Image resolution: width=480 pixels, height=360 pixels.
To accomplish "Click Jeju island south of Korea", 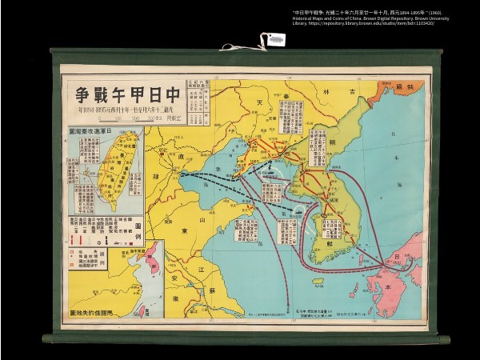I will [318, 281].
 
